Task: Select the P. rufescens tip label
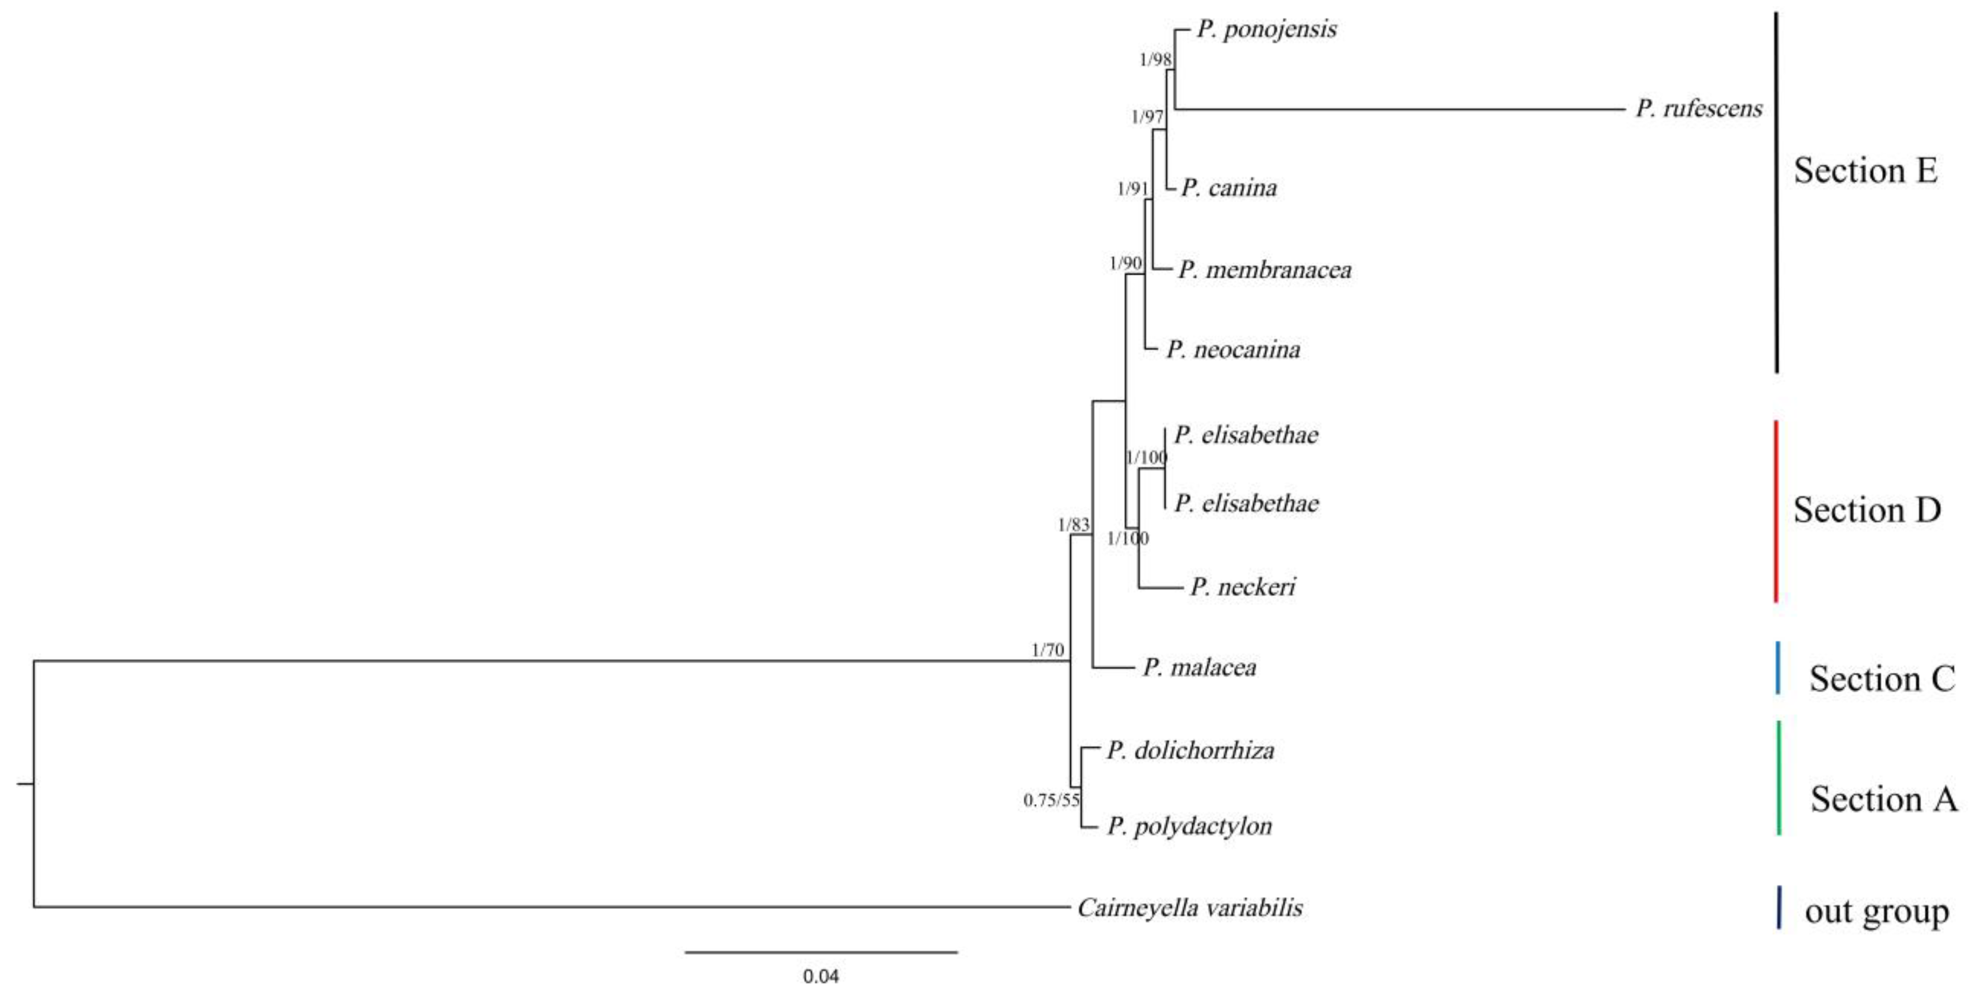(x=1699, y=108)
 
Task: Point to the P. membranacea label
(x=1264, y=270)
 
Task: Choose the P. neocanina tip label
(x=1233, y=350)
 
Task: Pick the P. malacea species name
(x=1199, y=668)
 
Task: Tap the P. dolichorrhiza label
(x=1190, y=750)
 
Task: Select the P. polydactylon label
(x=1189, y=826)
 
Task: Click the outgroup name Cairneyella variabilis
(x=1189, y=908)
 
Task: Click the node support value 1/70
(x=1047, y=650)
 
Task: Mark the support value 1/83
(x=1073, y=525)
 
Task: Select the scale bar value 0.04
(x=821, y=976)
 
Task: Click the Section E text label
(x=1865, y=170)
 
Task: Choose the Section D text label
(x=1867, y=510)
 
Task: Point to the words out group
(x=1876, y=912)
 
